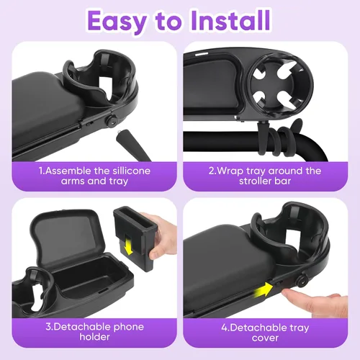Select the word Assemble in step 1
pyautogui.click(x=74, y=171)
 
